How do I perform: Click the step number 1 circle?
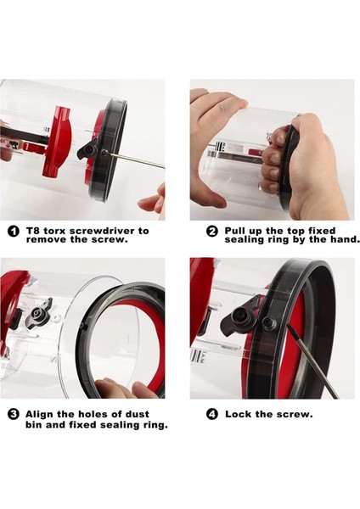point(14,231)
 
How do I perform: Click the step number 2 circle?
point(212,231)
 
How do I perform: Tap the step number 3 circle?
point(14,415)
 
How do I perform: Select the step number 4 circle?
point(212,415)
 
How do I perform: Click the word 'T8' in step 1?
point(33,231)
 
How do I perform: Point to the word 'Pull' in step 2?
point(235,231)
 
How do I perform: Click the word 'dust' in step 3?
point(138,414)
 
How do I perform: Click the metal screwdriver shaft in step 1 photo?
point(136,159)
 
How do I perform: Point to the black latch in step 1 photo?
point(87,149)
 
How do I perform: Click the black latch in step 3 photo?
point(39,313)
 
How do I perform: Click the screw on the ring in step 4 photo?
point(269,322)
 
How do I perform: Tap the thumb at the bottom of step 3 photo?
point(110,389)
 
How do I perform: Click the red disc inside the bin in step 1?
point(58,140)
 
